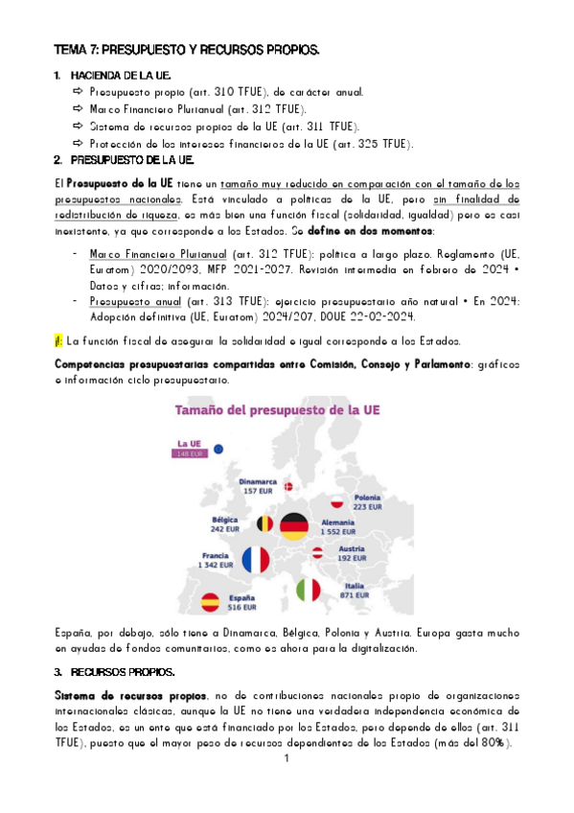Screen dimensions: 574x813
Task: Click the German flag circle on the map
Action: pyautogui.click(x=294, y=524)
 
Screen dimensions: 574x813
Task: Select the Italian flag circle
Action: pyautogui.click(x=308, y=590)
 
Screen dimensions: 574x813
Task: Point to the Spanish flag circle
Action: pyautogui.click(x=211, y=602)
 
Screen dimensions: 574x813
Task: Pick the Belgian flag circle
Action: pyautogui.click(x=264, y=523)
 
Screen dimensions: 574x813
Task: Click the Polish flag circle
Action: pyautogui.click(x=336, y=501)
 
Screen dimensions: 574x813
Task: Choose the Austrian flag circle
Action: pyautogui.click(x=317, y=553)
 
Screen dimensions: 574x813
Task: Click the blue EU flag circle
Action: pyautogui.click(x=218, y=448)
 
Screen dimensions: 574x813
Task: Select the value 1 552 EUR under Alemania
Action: pyautogui.click(x=337, y=531)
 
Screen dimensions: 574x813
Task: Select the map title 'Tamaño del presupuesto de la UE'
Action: pyautogui.click(x=277, y=411)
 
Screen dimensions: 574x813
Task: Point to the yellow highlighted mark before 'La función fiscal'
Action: pyautogui.click(x=58, y=340)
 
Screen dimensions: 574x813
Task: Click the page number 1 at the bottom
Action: pyautogui.click(x=287, y=759)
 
